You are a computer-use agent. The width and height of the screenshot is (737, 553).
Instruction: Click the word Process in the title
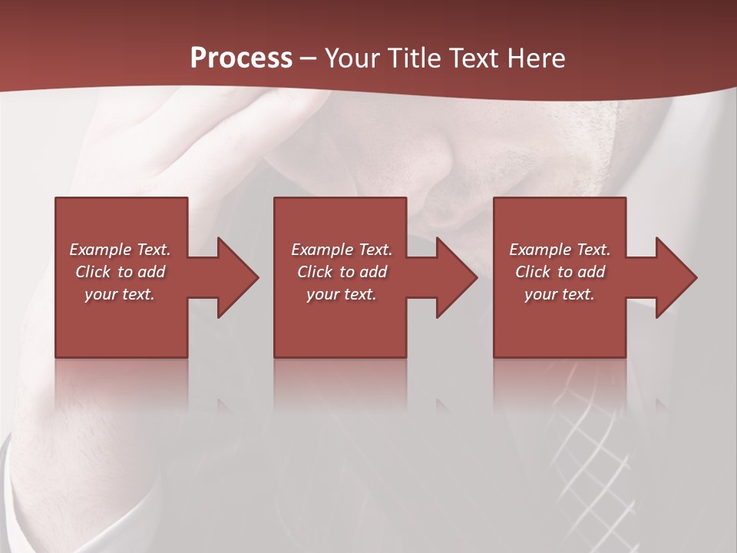[241, 58]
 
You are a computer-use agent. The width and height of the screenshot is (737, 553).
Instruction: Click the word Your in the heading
[355, 58]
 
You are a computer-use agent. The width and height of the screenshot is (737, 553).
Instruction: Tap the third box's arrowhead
[675, 277]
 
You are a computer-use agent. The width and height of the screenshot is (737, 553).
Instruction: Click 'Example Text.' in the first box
[120, 250]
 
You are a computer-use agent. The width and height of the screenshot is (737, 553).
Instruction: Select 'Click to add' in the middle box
[342, 272]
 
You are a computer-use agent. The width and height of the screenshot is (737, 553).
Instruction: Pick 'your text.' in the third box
[560, 294]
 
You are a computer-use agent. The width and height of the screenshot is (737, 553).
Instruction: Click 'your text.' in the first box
[120, 294]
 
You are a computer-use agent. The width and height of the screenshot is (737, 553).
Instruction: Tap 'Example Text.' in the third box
[560, 250]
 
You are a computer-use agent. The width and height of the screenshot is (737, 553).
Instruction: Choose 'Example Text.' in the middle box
[342, 250]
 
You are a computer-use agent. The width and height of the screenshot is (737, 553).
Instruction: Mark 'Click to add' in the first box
[120, 272]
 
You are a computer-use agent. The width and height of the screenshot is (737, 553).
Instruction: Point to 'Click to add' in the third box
[560, 272]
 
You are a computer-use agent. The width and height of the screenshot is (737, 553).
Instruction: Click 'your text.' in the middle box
[342, 294]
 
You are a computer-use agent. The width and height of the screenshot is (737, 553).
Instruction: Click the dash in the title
[308, 58]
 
